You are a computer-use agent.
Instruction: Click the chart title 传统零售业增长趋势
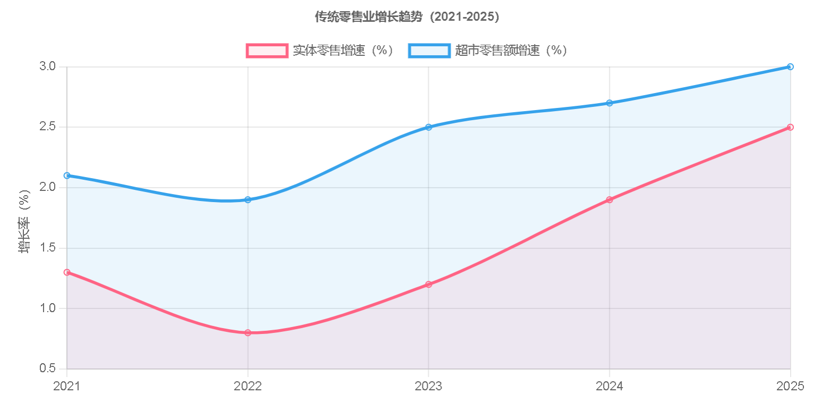click(x=407, y=17)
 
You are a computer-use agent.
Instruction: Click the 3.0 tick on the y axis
click(x=47, y=66)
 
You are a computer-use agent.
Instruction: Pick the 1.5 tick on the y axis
click(x=47, y=248)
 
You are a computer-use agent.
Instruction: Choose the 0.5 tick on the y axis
click(x=47, y=369)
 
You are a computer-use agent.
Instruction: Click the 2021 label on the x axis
click(x=67, y=386)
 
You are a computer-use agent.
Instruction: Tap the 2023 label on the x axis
click(x=428, y=386)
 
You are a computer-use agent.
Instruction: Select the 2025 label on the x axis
click(x=790, y=386)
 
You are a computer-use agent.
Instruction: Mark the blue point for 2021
click(x=67, y=175)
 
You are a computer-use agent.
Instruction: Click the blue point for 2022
click(x=248, y=199)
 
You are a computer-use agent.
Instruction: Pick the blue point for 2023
click(x=428, y=127)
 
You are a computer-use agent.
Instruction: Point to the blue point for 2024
click(x=609, y=103)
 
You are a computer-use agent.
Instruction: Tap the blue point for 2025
click(x=790, y=66)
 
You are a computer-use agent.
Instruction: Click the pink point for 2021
click(x=67, y=272)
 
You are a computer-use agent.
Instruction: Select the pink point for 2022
click(x=248, y=332)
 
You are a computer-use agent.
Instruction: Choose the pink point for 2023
click(x=428, y=284)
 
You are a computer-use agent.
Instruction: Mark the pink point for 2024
click(x=609, y=199)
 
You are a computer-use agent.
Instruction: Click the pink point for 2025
click(x=790, y=127)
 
